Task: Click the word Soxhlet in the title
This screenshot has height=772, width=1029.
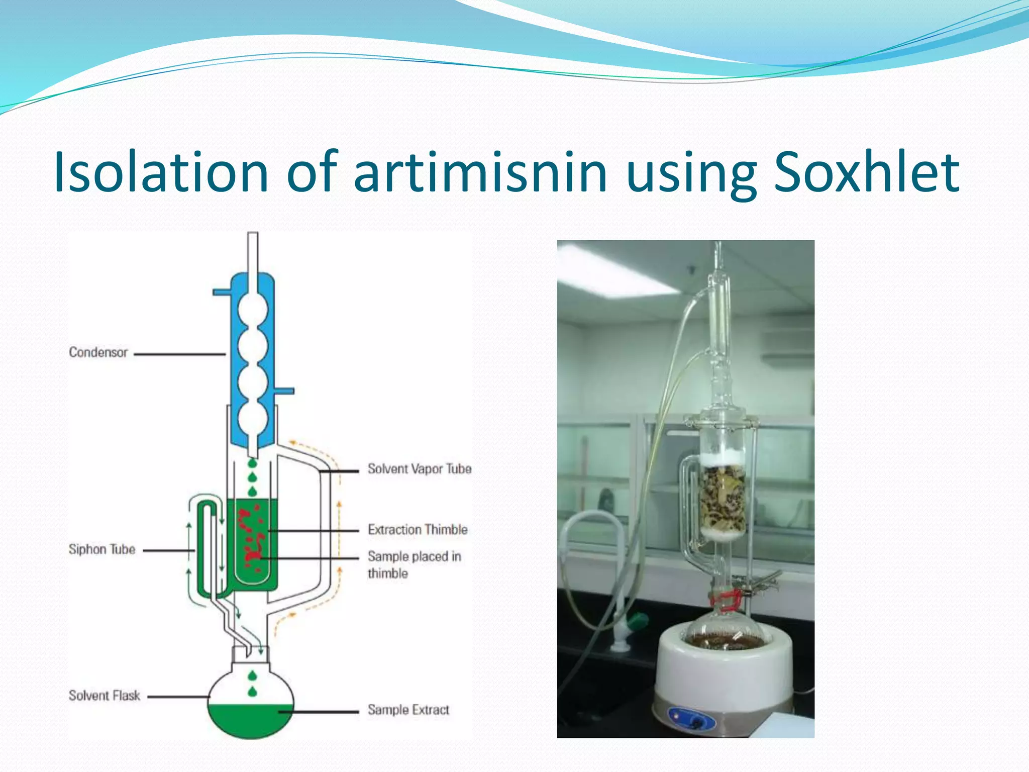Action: (866, 172)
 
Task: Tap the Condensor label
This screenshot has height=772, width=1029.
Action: (98, 352)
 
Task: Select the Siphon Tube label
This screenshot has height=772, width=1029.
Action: (102, 549)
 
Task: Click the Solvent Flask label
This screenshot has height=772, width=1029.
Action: (105, 696)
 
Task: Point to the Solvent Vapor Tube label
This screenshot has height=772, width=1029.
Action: (420, 469)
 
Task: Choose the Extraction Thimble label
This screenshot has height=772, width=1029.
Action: (418, 530)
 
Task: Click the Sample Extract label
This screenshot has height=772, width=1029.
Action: (408, 710)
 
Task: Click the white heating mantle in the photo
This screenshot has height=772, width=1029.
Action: (724, 668)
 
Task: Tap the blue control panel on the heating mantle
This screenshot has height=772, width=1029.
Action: (692, 718)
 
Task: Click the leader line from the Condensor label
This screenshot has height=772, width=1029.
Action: (179, 354)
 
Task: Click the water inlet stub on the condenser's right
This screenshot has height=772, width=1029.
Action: (284, 391)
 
